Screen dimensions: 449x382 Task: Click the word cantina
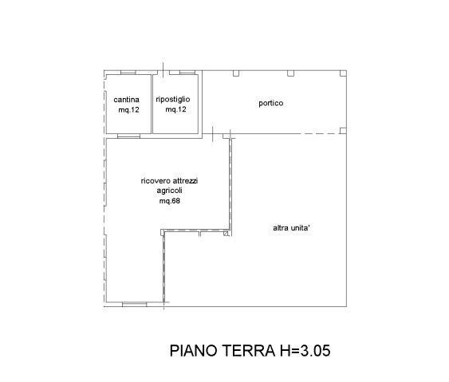126,100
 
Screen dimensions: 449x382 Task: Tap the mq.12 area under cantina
129,110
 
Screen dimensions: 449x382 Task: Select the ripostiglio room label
173,100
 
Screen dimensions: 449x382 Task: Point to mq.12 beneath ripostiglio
175,109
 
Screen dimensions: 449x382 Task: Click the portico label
271,103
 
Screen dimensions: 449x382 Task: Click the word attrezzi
185,181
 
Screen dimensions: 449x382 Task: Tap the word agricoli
170,191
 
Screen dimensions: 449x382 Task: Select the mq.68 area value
170,201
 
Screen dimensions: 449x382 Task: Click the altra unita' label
292,228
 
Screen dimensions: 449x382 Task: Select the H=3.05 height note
305,351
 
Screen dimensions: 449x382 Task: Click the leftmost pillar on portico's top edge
236,73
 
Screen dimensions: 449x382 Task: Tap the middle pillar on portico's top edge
290,73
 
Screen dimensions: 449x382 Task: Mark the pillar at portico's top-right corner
343,73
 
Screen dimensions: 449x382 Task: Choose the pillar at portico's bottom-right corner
343,131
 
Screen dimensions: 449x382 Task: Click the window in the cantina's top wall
128,73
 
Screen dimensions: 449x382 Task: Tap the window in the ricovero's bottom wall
134,305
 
